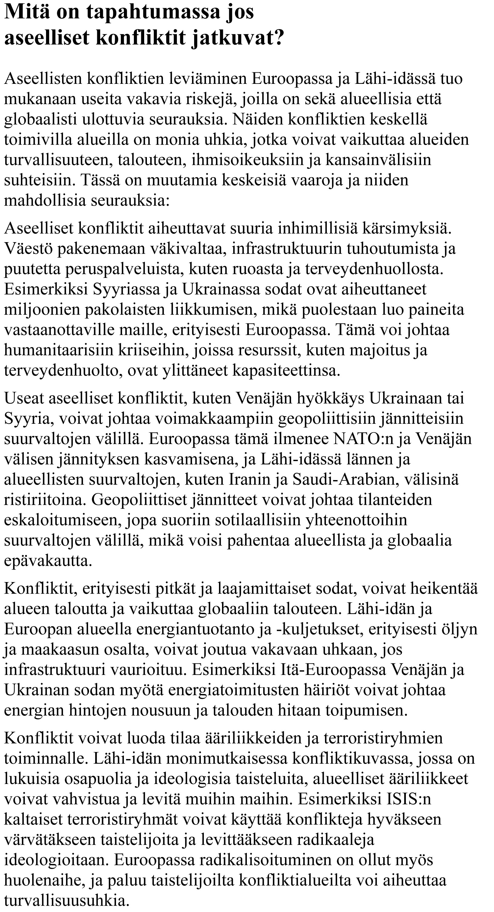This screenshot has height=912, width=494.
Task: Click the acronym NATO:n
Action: [364, 439]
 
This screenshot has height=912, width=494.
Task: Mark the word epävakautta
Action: [48, 561]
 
